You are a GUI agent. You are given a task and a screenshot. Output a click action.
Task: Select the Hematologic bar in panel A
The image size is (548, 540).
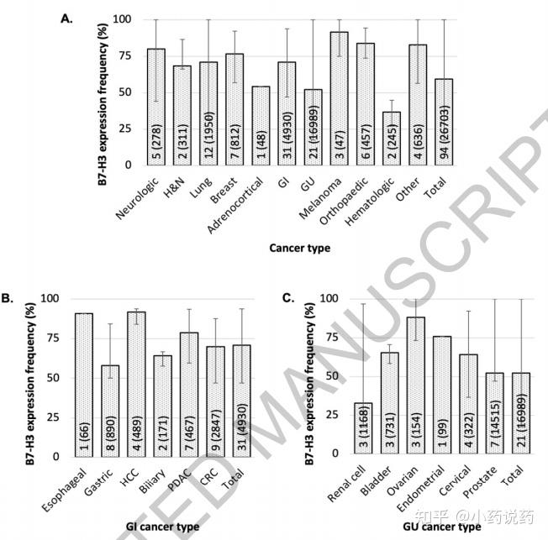coord(391,139)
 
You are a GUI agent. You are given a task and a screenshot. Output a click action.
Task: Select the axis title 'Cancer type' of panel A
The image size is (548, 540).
coord(299,248)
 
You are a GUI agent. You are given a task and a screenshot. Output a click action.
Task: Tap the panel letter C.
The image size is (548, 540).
coord(287,296)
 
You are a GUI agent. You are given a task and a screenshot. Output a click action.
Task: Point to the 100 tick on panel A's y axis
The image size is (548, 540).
coord(121,19)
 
